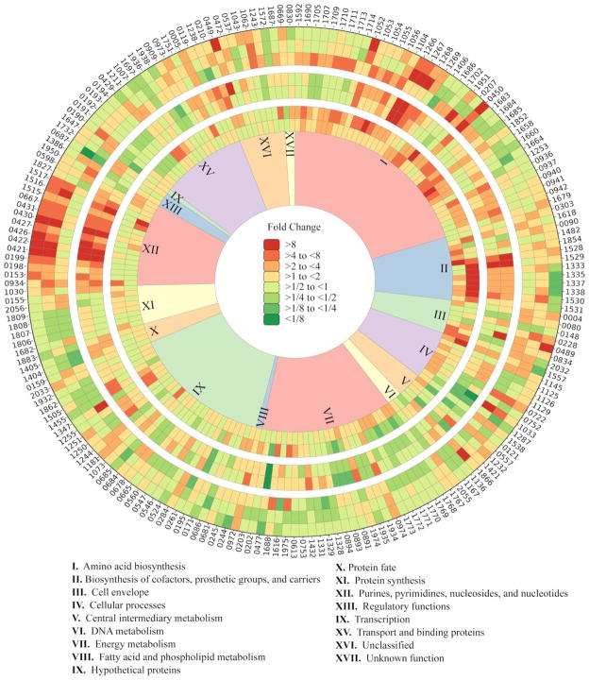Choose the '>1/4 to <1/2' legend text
312,298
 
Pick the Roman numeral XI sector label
148,306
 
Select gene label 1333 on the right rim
571,268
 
